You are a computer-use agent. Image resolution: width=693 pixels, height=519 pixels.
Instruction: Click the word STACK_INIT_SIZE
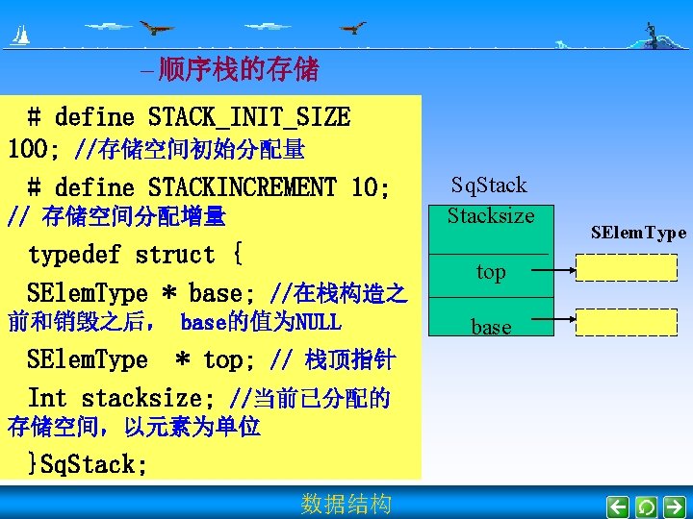249,118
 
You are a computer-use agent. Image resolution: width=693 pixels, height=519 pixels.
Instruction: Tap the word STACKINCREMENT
242,186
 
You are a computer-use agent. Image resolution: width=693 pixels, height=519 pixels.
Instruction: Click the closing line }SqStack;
88,465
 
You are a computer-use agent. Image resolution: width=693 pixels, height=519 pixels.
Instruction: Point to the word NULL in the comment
317,321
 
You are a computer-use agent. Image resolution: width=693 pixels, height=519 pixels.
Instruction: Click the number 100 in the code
28,150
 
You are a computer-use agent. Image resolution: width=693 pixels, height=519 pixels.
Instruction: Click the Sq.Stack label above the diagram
489,185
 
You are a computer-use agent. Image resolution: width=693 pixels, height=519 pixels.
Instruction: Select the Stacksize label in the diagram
490,215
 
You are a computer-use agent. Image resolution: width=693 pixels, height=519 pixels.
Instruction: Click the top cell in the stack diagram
490,272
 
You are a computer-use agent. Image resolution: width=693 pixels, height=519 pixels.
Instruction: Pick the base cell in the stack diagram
490,327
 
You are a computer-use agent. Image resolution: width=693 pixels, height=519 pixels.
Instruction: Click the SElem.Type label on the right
638,233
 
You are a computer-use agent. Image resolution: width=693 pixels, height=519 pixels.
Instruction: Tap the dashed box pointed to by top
626,267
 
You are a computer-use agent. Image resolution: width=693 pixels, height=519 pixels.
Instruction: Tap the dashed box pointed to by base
626,323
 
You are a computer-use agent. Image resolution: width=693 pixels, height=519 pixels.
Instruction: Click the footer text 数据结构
346,504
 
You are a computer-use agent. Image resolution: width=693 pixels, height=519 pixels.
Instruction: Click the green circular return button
647,506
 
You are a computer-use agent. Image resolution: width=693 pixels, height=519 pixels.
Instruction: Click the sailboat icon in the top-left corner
19,37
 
